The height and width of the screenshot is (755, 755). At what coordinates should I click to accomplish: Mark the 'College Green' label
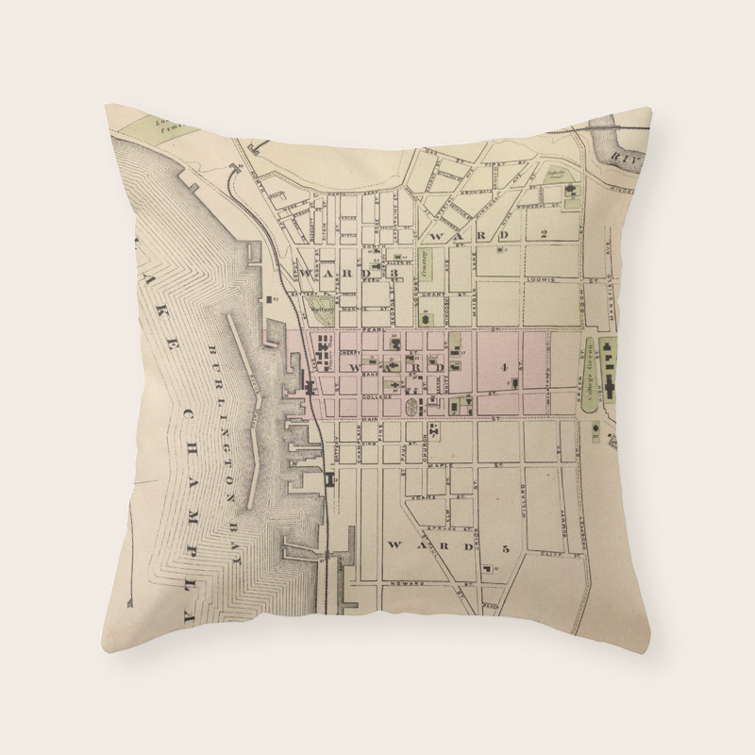[x=592, y=363]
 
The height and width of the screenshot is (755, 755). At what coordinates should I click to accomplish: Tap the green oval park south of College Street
[x=413, y=407]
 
